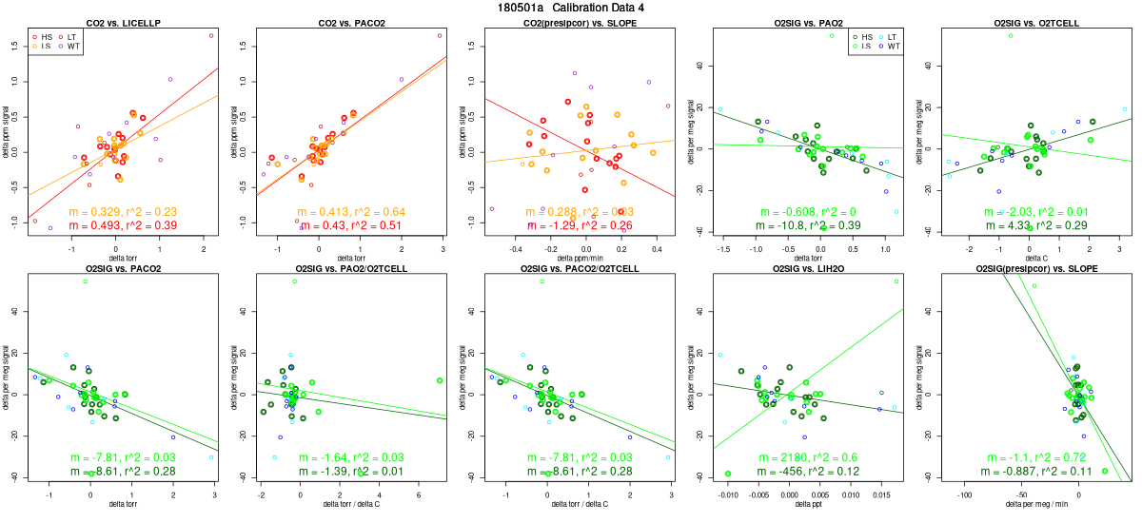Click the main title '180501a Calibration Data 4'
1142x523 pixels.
pos(571,8)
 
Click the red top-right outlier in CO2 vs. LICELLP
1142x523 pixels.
pos(211,35)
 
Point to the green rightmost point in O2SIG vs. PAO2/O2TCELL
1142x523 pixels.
pos(440,380)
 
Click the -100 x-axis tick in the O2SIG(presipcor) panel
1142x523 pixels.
pos(965,494)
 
